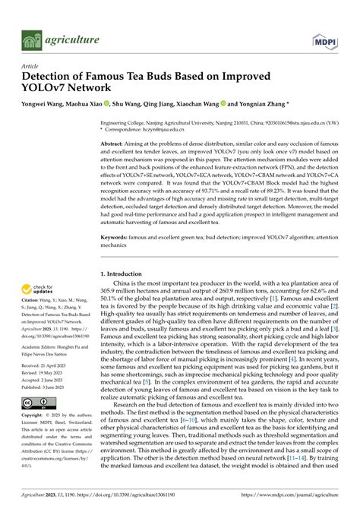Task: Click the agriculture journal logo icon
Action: (x=30, y=38)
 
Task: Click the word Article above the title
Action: (x=30, y=66)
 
